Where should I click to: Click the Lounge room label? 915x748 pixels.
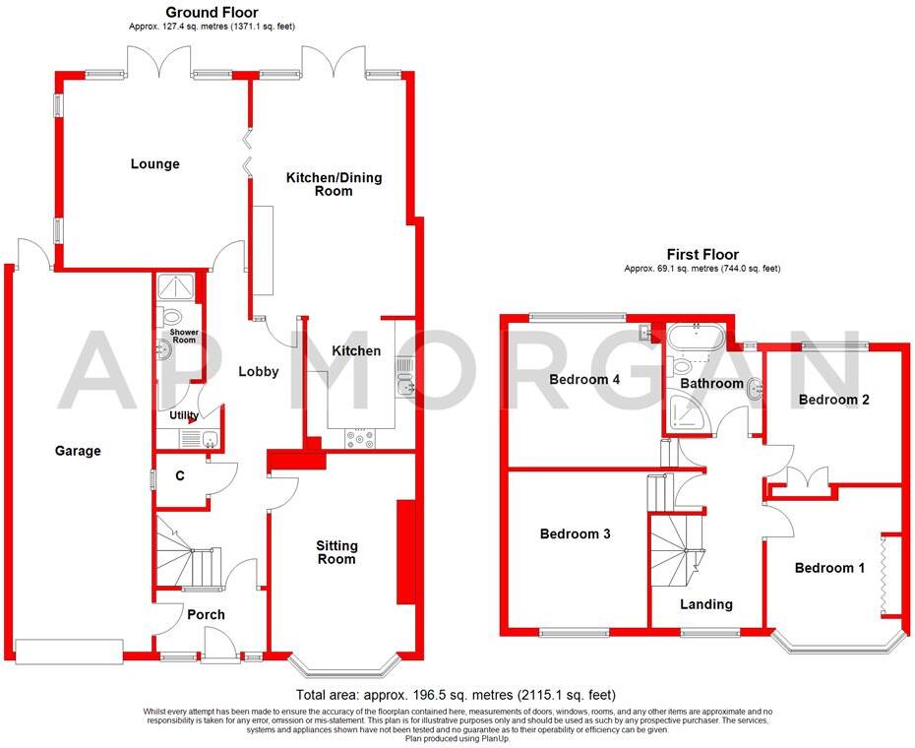point(154,164)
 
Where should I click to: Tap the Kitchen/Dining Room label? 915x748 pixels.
point(334,184)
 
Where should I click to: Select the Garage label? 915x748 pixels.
point(77,451)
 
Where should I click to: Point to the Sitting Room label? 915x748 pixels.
point(336,552)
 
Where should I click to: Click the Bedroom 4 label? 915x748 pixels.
point(584,379)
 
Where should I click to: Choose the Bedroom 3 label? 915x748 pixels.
point(576,534)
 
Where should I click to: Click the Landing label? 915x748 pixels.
point(706,604)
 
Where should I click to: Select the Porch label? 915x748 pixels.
point(206,614)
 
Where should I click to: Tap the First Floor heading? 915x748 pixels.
point(701,254)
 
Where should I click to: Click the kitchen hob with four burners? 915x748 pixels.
point(360,440)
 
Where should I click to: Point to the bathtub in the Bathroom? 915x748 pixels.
point(696,337)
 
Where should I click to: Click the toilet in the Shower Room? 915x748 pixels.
point(173,317)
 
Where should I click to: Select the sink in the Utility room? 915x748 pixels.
point(208,439)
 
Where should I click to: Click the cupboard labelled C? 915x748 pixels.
point(180,476)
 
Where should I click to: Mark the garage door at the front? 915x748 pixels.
point(68,651)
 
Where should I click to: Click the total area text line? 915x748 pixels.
point(456,695)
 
